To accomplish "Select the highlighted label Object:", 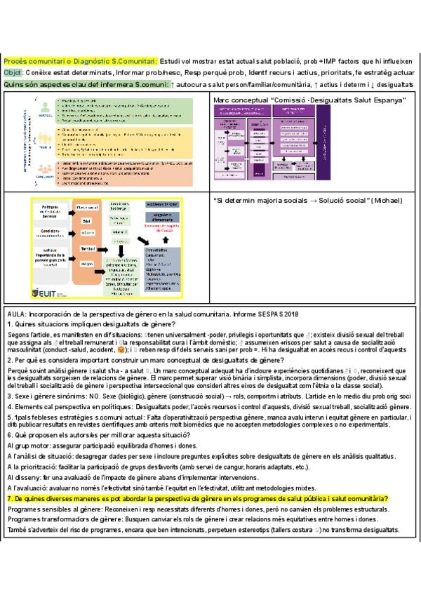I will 13,72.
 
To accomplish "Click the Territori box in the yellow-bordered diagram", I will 87,248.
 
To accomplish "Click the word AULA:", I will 18,314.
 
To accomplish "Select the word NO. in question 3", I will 91,396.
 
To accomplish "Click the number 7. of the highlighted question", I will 10,498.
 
